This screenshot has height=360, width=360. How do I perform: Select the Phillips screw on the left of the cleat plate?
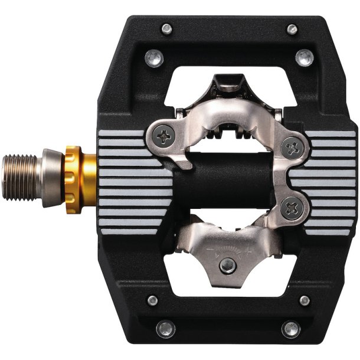tap(162, 137)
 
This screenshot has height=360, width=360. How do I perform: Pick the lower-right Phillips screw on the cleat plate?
tap(290, 207)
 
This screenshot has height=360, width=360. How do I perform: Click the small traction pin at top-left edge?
tap(166, 28)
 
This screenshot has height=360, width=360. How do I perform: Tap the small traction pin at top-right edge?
tap(292, 28)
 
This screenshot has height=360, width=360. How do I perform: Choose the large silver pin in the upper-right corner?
tap(305, 57)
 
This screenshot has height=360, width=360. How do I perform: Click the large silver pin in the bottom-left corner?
tap(165, 329)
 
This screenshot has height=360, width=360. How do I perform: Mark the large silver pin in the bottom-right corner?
tap(290, 329)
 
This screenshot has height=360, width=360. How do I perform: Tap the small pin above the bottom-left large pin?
tap(153, 300)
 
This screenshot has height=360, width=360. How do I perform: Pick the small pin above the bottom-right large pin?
tap(305, 300)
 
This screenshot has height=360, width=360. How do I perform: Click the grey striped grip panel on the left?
tap(127, 180)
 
